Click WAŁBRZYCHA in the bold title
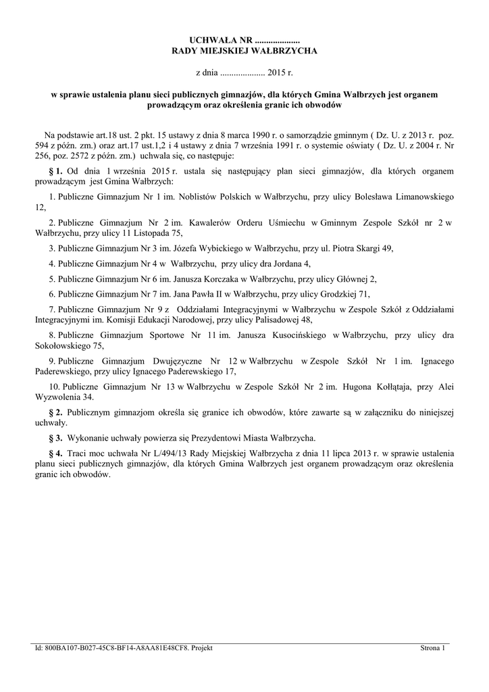point(283,51)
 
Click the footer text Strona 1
point(433,648)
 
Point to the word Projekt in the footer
point(202,648)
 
